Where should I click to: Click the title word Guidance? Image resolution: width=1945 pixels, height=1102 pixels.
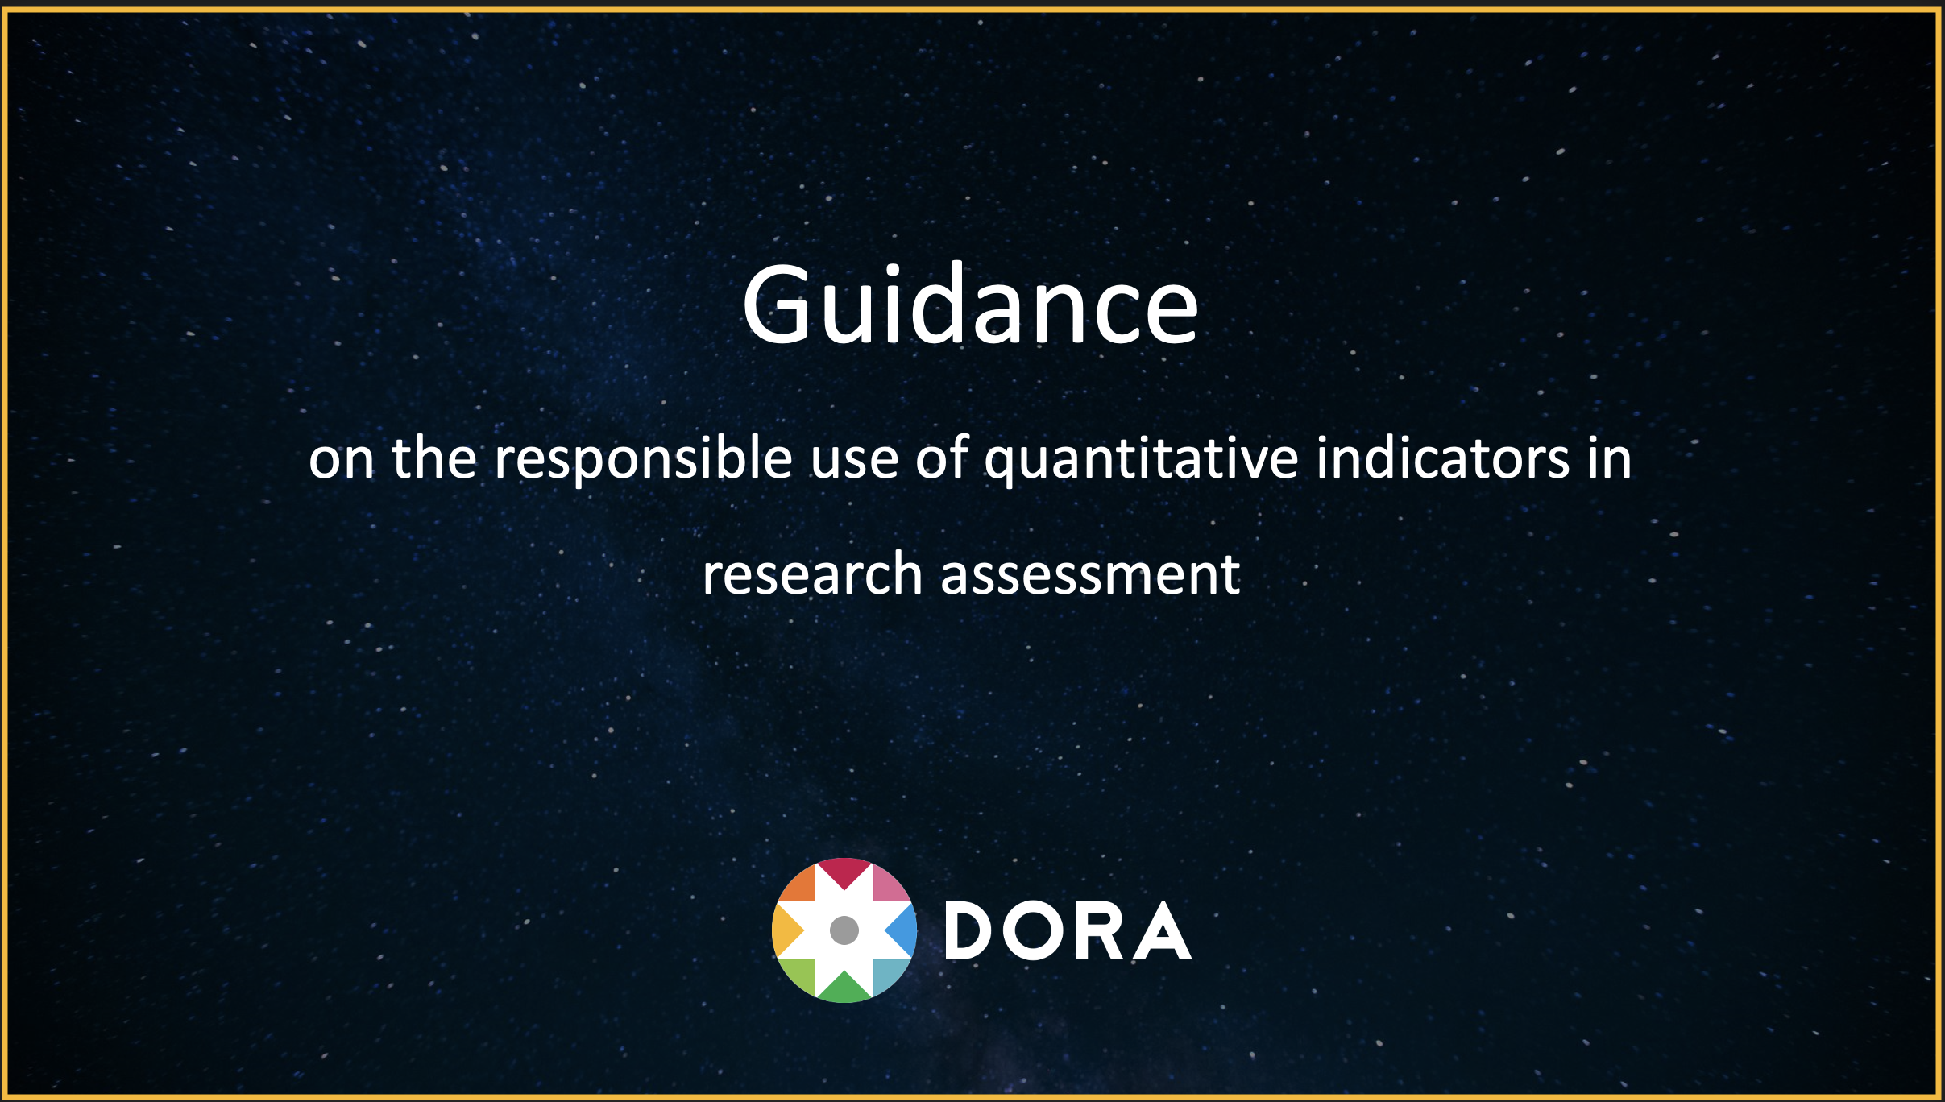click(x=970, y=304)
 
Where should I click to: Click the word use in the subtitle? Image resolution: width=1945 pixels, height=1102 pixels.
click(x=854, y=462)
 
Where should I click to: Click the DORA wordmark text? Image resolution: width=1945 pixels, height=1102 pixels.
click(x=1068, y=931)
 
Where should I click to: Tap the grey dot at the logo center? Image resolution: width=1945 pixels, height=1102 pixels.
click(x=844, y=930)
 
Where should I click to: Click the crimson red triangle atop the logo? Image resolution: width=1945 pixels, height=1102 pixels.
click(x=844, y=871)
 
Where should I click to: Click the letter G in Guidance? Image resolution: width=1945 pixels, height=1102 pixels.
click(x=775, y=305)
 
